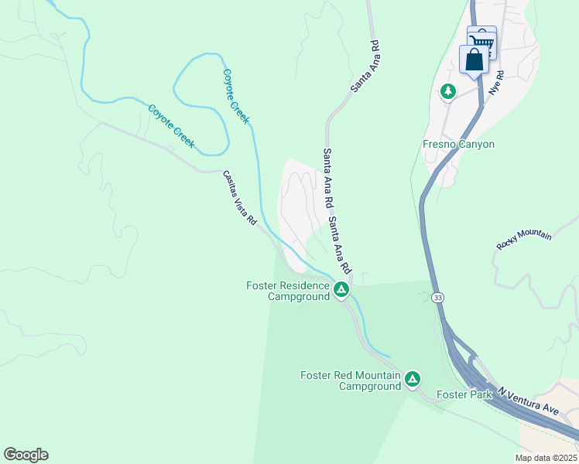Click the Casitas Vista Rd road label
pyautogui.click(x=240, y=198)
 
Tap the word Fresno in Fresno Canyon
pyautogui.click(x=440, y=145)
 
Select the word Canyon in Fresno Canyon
pyautogui.click(x=477, y=145)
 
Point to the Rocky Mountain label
pyautogui.click(x=524, y=241)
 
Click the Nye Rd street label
pyautogui.click(x=495, y=83)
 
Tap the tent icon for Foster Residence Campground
pyautogui.click(x=341, y=290)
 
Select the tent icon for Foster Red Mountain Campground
pyautogui.click(x=413, y=379)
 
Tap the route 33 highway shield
pyautogui.click(x=438, y=296)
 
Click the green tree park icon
pyautogui.click(x=448, y=92)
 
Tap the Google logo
pyautogui.click(x=26, y=455)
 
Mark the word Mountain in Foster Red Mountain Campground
pyautogui.click(x=379, y=376)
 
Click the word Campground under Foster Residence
pyautogui.click(x=299, y=296)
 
